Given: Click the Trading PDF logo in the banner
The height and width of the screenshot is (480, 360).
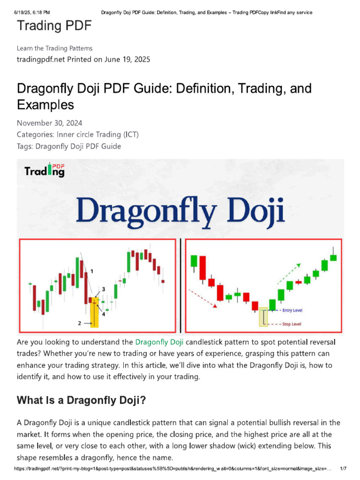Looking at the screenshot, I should (45, 170).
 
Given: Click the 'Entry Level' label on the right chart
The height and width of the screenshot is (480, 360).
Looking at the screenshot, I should (293, 310).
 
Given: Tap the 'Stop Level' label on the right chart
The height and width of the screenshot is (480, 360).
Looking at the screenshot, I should (293, 324).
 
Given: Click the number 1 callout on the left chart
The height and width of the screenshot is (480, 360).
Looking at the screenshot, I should (92, 271).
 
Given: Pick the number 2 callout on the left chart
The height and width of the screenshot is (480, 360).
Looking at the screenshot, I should (80, 323).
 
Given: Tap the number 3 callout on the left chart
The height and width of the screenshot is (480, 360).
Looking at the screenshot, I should (103, 289).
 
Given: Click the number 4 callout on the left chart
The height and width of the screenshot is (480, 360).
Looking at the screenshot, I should (103, 314).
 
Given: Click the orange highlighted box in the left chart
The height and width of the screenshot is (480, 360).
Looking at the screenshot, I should (94, 312).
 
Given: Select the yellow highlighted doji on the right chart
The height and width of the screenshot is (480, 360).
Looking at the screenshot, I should (263, 317).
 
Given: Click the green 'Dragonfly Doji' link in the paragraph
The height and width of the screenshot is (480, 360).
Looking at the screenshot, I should (159, 341).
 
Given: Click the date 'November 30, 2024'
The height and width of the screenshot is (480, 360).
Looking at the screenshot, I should (49, 123).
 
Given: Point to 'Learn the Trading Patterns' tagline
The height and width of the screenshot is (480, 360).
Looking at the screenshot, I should (54, 48).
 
